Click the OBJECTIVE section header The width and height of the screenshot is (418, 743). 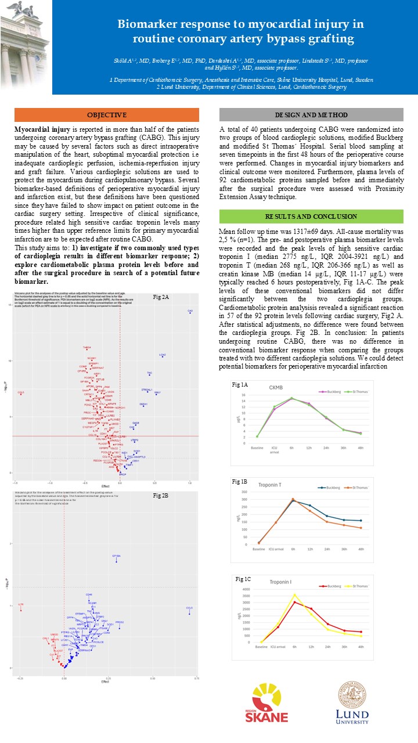(x=106, y=115)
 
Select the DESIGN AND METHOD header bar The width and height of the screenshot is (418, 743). (x=311, y=115)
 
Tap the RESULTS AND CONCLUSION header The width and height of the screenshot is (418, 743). (x=311, y=217)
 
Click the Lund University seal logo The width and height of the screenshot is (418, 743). (x=354, y=702)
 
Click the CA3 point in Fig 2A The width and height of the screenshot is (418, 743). (x=190, y=313)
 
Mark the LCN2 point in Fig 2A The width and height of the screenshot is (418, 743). (x=163, y=356)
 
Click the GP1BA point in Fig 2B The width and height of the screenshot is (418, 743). (x=116, y=561)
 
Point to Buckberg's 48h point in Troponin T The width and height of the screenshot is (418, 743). (x=361, y=521)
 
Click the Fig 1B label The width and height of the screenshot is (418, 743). (x=239, y=482)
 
